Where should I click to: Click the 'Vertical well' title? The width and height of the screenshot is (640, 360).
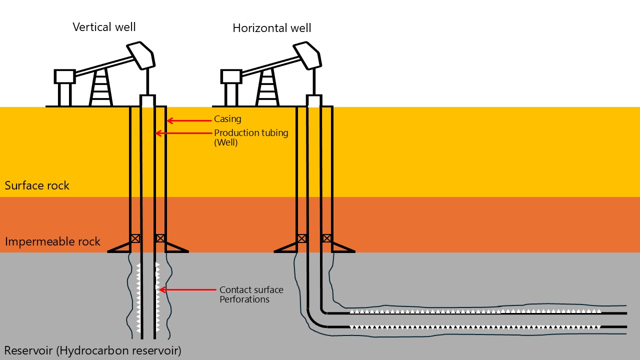[104, 27]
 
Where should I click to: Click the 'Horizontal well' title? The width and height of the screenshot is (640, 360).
[271, 28]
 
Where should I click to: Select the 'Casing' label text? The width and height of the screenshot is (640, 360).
[227, 119]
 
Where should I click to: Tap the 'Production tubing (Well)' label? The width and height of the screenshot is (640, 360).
[251, 137]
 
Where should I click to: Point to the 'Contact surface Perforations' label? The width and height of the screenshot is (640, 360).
[251, 294]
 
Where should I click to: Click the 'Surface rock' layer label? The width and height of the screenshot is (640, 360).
[37, 185]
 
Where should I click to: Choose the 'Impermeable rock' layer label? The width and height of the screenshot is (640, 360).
[52, 242]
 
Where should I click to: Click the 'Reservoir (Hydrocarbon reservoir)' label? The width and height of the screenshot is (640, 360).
[92, 350]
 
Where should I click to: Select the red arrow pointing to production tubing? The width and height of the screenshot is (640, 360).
[182, 133]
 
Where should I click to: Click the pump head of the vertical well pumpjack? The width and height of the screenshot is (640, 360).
[142, 55]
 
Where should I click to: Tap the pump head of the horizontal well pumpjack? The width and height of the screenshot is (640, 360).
[307, 55]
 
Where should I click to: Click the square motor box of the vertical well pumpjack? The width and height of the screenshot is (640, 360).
[64, 76]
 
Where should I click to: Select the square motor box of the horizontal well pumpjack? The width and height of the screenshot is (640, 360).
[230, 76]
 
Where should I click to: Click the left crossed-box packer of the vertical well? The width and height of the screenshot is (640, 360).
[135, 238]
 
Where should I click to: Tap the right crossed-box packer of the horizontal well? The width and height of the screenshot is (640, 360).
[326, 238]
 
